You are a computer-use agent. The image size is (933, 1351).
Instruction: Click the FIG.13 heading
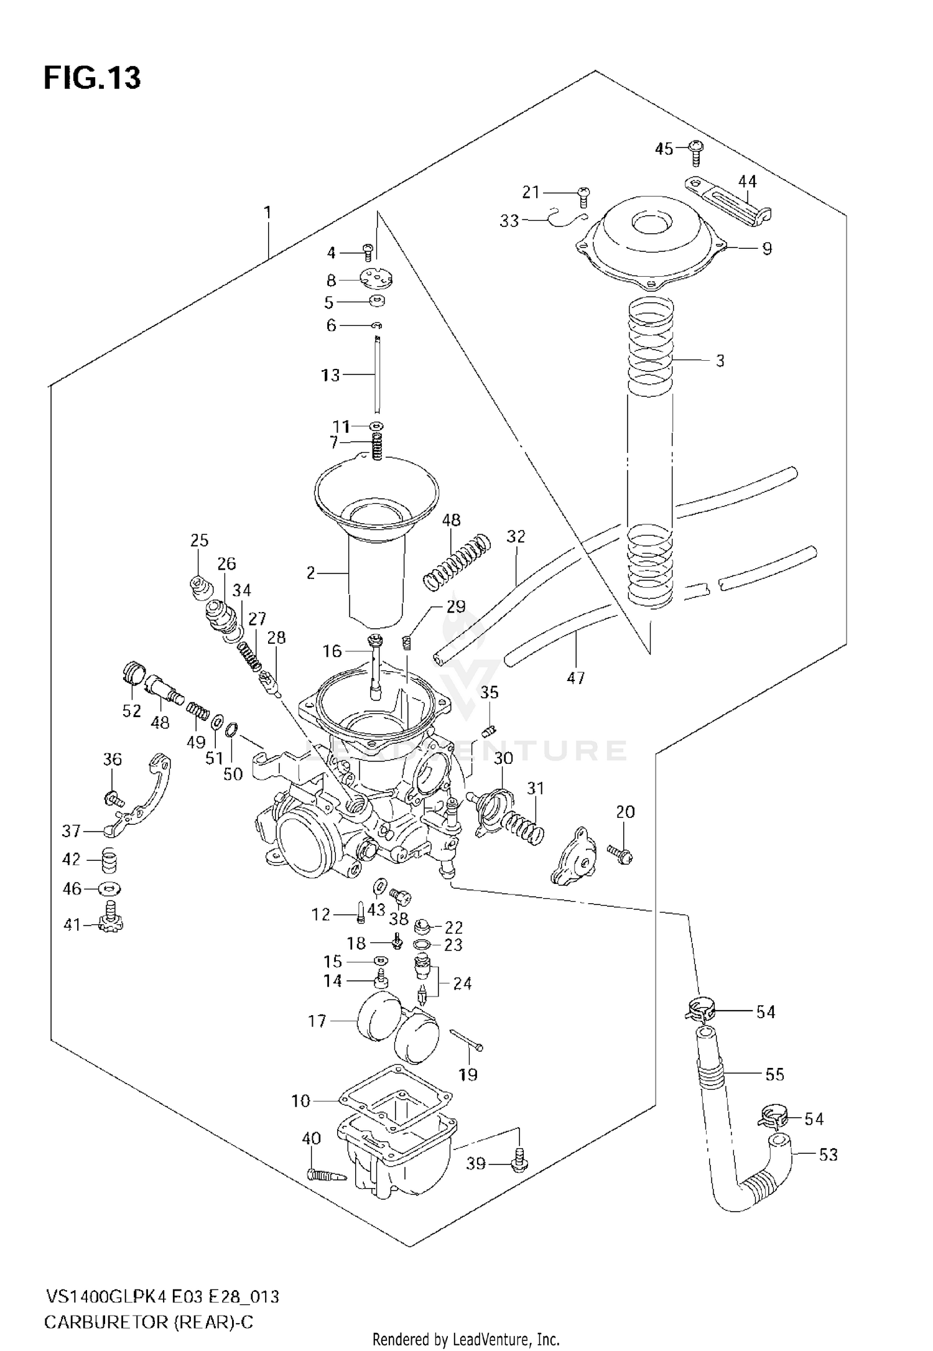point(92,79)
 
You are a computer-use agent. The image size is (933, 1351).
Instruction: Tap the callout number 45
point(664,149)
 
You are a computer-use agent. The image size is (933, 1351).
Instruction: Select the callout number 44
point(747,181)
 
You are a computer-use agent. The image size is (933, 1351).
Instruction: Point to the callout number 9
point(767,249)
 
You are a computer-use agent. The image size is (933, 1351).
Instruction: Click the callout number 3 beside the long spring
point(720,361)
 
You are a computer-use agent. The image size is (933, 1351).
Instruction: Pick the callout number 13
point(330,375)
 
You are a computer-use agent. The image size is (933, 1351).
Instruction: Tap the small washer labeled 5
point(376,302)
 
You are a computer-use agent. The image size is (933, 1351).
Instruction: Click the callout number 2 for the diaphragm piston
point(311,573)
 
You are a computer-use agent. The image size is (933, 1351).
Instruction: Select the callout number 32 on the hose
point(516,536)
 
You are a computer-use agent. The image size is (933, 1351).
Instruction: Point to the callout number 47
point(575,677)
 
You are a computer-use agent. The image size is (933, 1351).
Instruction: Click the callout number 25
point(199,540)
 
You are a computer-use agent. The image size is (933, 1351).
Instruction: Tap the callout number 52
point(131,710)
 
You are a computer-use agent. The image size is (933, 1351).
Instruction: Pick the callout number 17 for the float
point(317,1021)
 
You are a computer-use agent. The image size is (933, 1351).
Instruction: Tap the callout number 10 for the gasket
point(300,1101)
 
